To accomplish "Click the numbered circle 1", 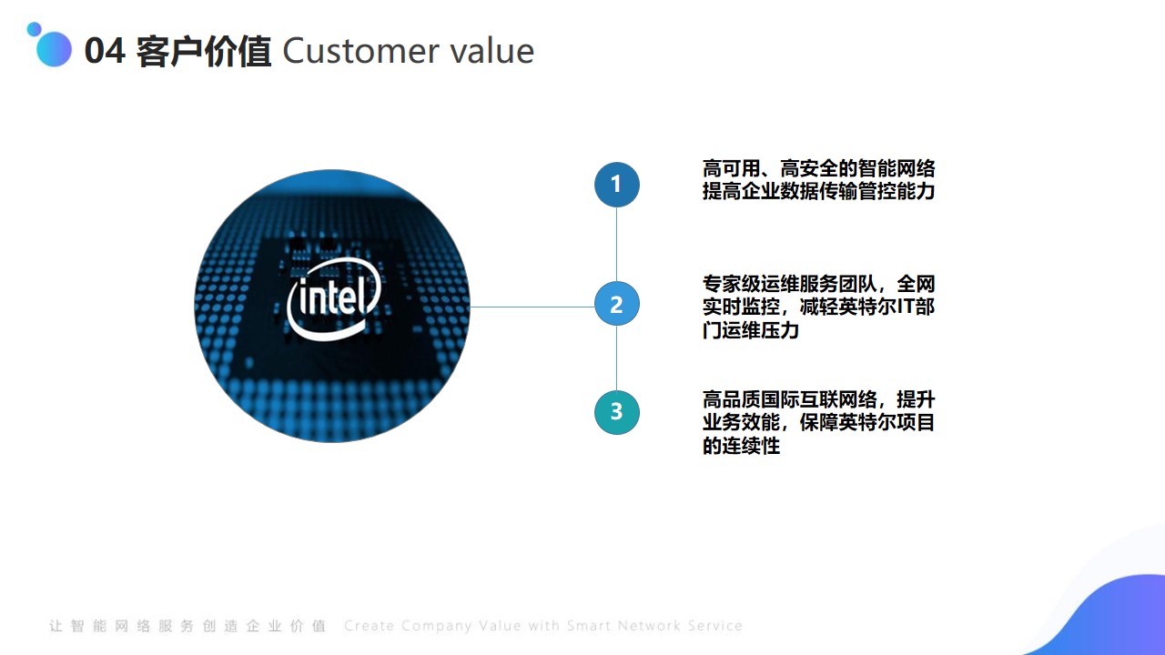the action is tap(617, 185).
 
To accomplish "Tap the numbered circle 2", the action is tap(617, 304).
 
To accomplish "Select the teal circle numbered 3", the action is tap(617, 412).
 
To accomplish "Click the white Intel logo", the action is tap(334, 299).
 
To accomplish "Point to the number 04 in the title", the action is tap(105, 51).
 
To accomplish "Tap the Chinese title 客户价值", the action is tap(203, 52).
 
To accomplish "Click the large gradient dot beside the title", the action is tap(54, 49).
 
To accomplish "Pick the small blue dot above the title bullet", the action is tap(35, 29).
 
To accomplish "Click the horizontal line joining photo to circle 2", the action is tap(532, 307).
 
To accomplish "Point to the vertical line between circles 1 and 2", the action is tap(617, 245).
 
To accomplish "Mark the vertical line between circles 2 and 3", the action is tap(617, 358).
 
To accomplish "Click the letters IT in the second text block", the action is tap(907, 307).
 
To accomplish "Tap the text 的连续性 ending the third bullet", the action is tap(741, 446).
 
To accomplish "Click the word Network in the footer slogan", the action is tap(649, 625).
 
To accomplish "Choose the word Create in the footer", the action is tap(370, 625).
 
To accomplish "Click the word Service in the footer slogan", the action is tap(715, 625).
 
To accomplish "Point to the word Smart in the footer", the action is tap(589, 625).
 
